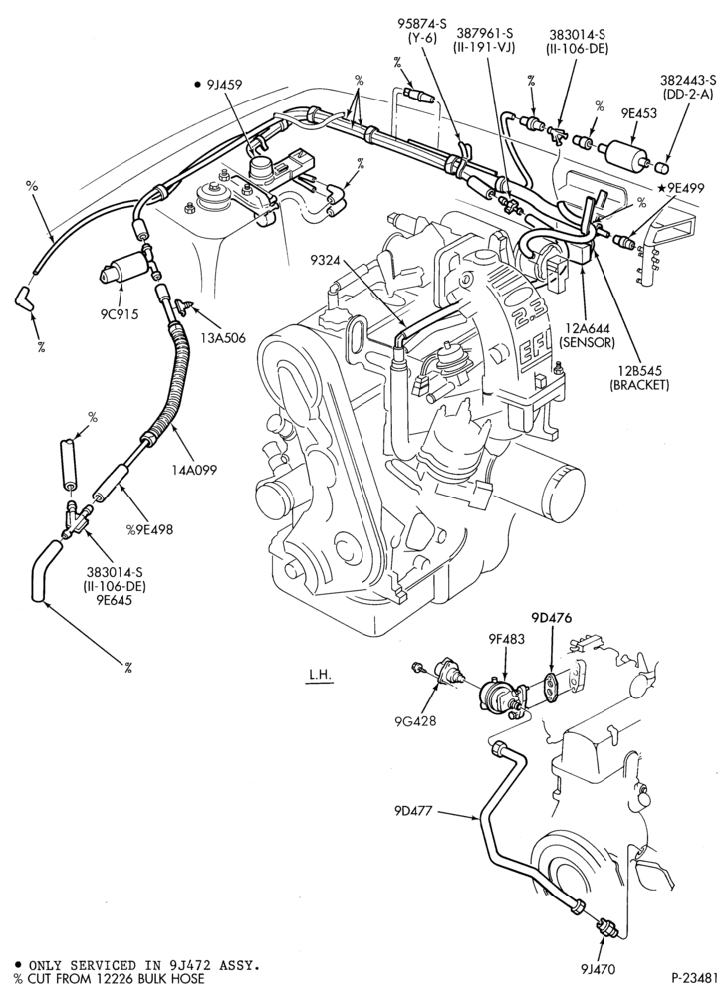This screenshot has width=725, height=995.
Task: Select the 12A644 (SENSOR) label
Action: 586,336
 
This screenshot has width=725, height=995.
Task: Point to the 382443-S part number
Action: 688,80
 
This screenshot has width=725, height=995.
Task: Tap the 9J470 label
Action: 598,969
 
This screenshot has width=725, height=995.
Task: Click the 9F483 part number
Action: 506,639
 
